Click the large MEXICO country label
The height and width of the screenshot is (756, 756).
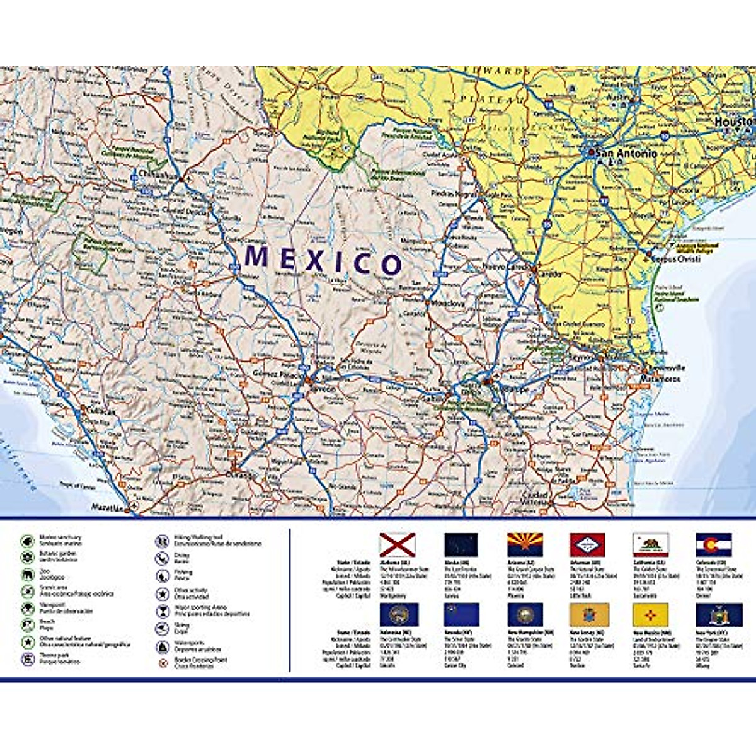coord(323,260)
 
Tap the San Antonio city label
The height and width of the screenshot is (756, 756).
coord(626,153)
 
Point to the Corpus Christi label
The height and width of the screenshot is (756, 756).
coord(677,258)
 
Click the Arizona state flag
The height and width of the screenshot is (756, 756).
coord(525,544)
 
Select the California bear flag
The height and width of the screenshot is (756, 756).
coord(651,544)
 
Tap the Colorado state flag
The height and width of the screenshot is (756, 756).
coord(714,544)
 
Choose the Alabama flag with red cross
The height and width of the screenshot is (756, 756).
coord(398,544)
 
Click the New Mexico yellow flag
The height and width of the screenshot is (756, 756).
coord(651,614)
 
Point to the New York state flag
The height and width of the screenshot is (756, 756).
coord(714,614)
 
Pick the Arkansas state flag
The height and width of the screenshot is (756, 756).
coord(588,544)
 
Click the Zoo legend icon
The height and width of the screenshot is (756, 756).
coord(28,575)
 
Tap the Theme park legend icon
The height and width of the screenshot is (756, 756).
coord(28,659)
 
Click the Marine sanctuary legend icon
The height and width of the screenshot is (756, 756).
coord(28,540)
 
